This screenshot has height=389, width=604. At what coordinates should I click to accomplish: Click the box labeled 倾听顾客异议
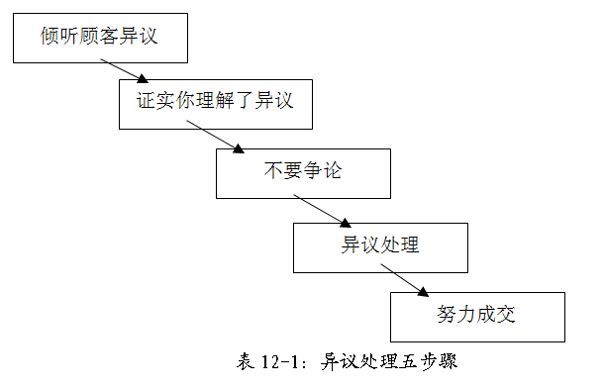click(99, 38)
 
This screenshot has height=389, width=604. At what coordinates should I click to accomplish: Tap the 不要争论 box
click(303, 172)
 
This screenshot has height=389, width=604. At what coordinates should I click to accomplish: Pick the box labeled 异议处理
click(380, 245)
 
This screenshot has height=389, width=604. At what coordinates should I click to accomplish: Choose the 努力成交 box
click(477, 317)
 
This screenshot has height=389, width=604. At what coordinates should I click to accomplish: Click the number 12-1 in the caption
click(281, 361)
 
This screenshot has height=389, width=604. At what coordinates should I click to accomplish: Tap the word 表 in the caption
click(246, 361)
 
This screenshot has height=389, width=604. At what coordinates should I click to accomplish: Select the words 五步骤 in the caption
click(428, 361)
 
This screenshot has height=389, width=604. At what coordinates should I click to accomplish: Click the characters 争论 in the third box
click(322, 172)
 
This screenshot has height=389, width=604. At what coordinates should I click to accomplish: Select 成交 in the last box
click(496, 317)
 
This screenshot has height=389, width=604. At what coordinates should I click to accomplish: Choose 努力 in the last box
click(457, 317)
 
